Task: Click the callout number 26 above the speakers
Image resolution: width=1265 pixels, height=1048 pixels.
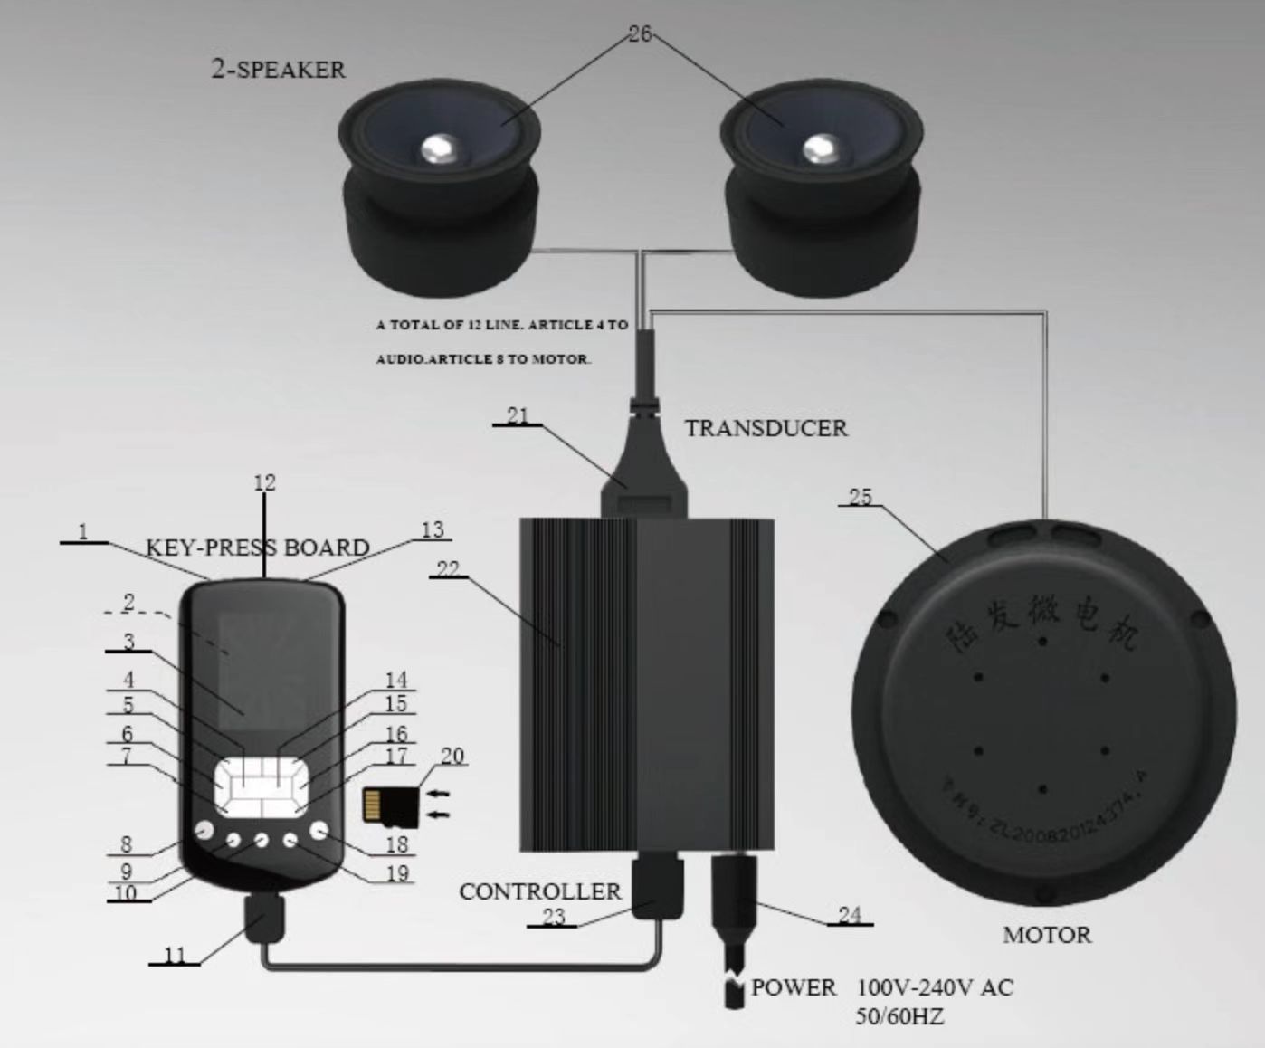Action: tap(639, 34)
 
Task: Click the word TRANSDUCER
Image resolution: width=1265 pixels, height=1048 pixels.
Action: tap(766, 428)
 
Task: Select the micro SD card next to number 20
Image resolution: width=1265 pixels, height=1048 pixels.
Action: tap(390, 806)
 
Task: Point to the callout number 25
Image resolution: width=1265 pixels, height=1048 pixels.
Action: tap(861, 496)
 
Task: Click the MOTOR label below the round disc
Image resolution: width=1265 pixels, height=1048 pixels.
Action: tap(1046, 935)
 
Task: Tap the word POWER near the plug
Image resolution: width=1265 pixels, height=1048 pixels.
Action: tap(794, 987)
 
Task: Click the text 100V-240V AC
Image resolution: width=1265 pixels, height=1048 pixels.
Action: tap(935, 986)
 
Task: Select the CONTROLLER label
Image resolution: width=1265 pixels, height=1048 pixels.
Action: tap(540, 891)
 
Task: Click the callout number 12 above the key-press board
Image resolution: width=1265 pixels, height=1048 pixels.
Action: tap(264, 482)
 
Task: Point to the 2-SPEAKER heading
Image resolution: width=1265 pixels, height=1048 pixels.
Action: tap(278, 69)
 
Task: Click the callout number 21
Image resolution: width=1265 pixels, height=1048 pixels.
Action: tap(518, 415)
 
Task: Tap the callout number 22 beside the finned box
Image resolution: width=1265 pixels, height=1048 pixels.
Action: tap(448, 569)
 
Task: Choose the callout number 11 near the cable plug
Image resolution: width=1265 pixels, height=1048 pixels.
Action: tap(175, 955)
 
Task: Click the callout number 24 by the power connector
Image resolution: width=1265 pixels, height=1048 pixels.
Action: tap(849, 915)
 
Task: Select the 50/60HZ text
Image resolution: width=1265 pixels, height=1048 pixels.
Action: tap(899, 1016)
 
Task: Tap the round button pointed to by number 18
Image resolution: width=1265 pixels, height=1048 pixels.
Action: tap(319, 831)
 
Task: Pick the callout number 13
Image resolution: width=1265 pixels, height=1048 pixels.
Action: tap(433, 529)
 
